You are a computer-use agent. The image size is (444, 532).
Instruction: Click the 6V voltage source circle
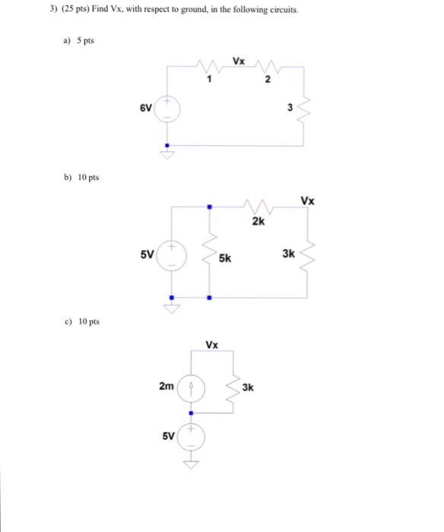pos(167,109)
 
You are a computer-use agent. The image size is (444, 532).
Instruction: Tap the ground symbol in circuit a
pos(167,154)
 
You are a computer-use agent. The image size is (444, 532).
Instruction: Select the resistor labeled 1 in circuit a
pos(209,66)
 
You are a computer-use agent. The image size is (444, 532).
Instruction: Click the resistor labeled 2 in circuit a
pos(268,67)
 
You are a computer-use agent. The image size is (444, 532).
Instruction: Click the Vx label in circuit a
pos(239,61)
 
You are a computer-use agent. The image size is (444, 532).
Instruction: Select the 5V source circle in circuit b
pos(172,256)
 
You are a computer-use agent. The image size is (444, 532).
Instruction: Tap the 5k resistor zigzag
pos(209,253)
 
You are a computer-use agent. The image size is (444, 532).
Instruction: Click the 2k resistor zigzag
pos(258,207)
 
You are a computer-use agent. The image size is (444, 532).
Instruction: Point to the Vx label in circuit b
pos(308,201)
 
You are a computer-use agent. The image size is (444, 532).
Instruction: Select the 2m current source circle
pos(191,389)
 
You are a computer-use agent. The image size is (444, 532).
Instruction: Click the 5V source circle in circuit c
pos(191,437)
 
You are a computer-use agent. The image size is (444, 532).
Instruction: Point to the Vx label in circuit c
pos(212,345)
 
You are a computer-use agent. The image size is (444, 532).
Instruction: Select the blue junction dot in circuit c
pos(191,413)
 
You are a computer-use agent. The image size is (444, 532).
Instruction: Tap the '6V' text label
pos(146,108)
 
